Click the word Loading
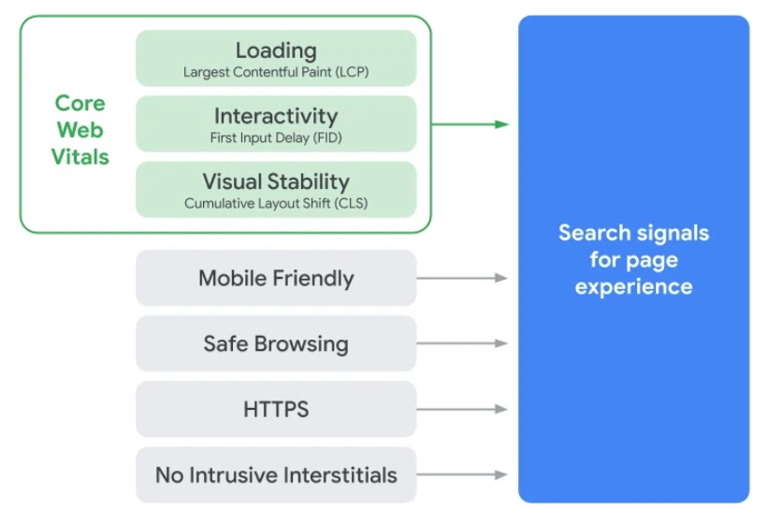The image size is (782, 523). pyautogui.click(x=276, y=51)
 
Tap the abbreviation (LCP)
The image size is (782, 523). pyautogui.click(x=352, y=72)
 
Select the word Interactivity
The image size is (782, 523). pyautogui.click(x=276, y=116)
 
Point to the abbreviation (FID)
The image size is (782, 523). pyautogui.click(x=327, y=138)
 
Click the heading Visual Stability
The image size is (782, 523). pyautogui.click(x=276, y=182)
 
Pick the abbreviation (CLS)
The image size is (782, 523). pyautogui.click(x=351, y=203)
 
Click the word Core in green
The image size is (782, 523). pyautogui.click(x=80, y=103)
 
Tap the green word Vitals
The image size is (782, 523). pyautogui.click(x=80, y=156)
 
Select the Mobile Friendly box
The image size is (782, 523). pyautogui.click(x=276, y=278)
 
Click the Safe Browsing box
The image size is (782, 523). pyautogui.click(x=276, y=343)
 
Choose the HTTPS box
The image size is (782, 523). pyautogui.click(x=276, y=409)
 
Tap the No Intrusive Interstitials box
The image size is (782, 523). pyautogui.click(x=276, y=474)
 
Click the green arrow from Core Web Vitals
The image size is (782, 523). pyautogui.click(x=470, y=124)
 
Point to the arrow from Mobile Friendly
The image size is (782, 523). pyautogui.click(x=462, y=278)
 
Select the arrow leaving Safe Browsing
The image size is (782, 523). pyautogui.click(x=462, y=343)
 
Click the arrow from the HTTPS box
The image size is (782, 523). pyautogui.click(x=462, y=409)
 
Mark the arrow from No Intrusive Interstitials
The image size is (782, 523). pyautogui.click(x=462, y=474)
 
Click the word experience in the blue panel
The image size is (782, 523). pyautogui.click(x=633, y=287)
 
